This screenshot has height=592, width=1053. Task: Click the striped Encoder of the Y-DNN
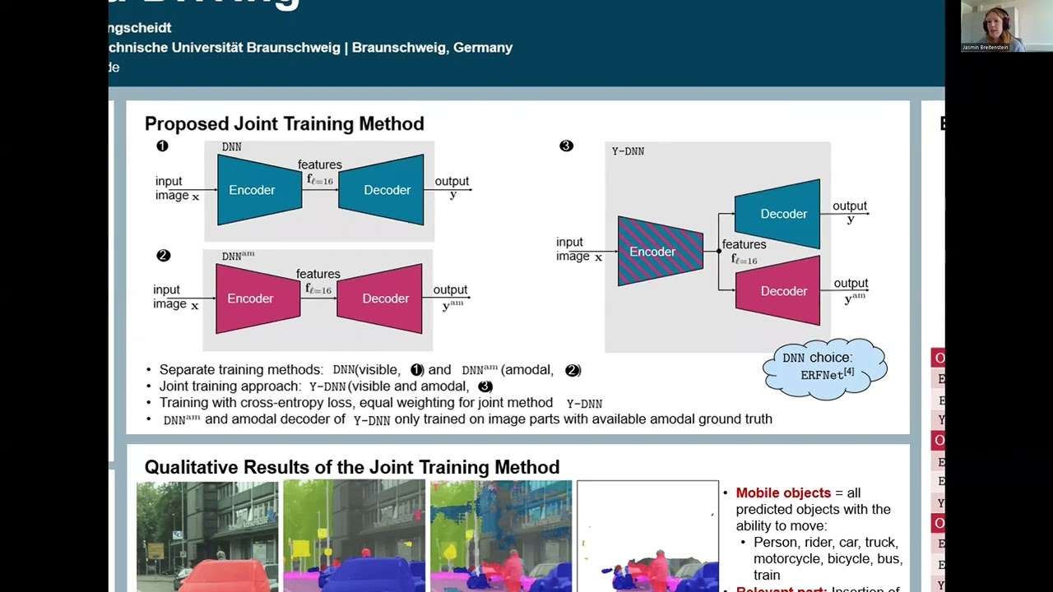point(660,252)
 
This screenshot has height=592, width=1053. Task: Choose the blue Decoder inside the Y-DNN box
point(778,214)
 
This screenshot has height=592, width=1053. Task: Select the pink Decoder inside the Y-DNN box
point(778,291)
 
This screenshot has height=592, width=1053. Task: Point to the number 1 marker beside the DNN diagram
point(162,146)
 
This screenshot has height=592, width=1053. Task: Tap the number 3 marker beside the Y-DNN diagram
point(566,146)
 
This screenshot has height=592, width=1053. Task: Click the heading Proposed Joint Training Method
point(284,124)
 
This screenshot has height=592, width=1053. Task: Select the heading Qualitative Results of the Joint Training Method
point(351,468)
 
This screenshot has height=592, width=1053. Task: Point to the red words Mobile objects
point(783,493)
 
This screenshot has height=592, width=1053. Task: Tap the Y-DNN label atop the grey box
point(628,151)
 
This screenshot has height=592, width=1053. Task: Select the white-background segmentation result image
point(647,535)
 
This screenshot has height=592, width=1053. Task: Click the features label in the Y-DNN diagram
point(744,244)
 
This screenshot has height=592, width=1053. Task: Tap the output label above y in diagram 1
point(451,181)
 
